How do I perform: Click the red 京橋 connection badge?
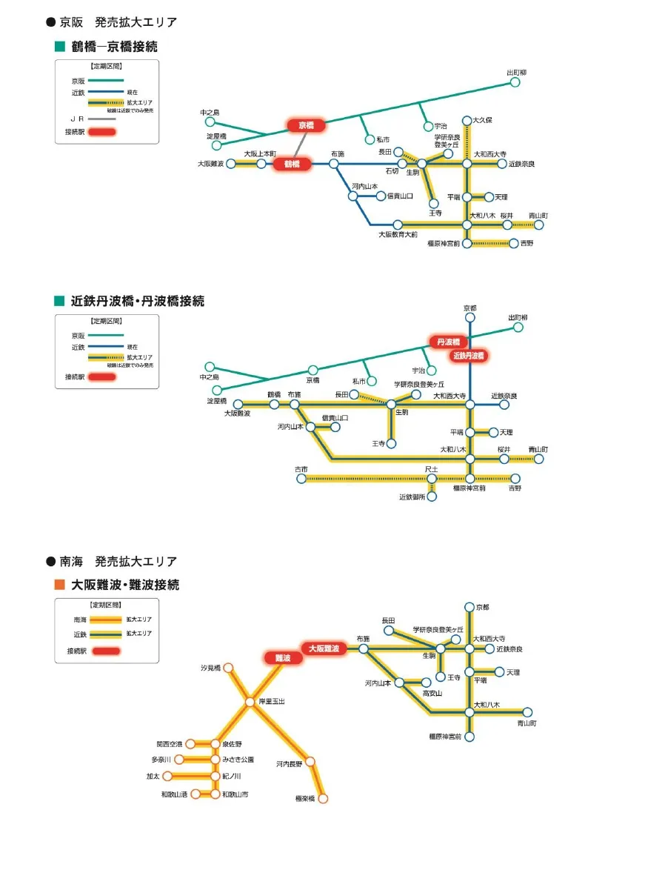click(x=306, y=125)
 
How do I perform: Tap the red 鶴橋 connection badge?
click(x=292, y=164)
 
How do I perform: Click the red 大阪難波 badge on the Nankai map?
click(x=323, y=648)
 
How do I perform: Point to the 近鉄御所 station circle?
click(x=432, y=497)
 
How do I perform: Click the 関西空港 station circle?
click(x=190, y=743)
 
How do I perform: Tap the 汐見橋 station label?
click(x=211, y=668)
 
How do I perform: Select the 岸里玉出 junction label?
click(x=270, y=700)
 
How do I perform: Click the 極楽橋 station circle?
click(x=322, y=798)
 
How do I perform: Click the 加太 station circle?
click(x=167, y=776)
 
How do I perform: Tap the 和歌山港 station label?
click(x=174, y=794)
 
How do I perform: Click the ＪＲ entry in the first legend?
click(x=77, y=119)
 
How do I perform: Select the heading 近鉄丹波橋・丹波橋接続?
click(x=137, y=302)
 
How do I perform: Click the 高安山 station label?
click(x=432, y=693)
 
